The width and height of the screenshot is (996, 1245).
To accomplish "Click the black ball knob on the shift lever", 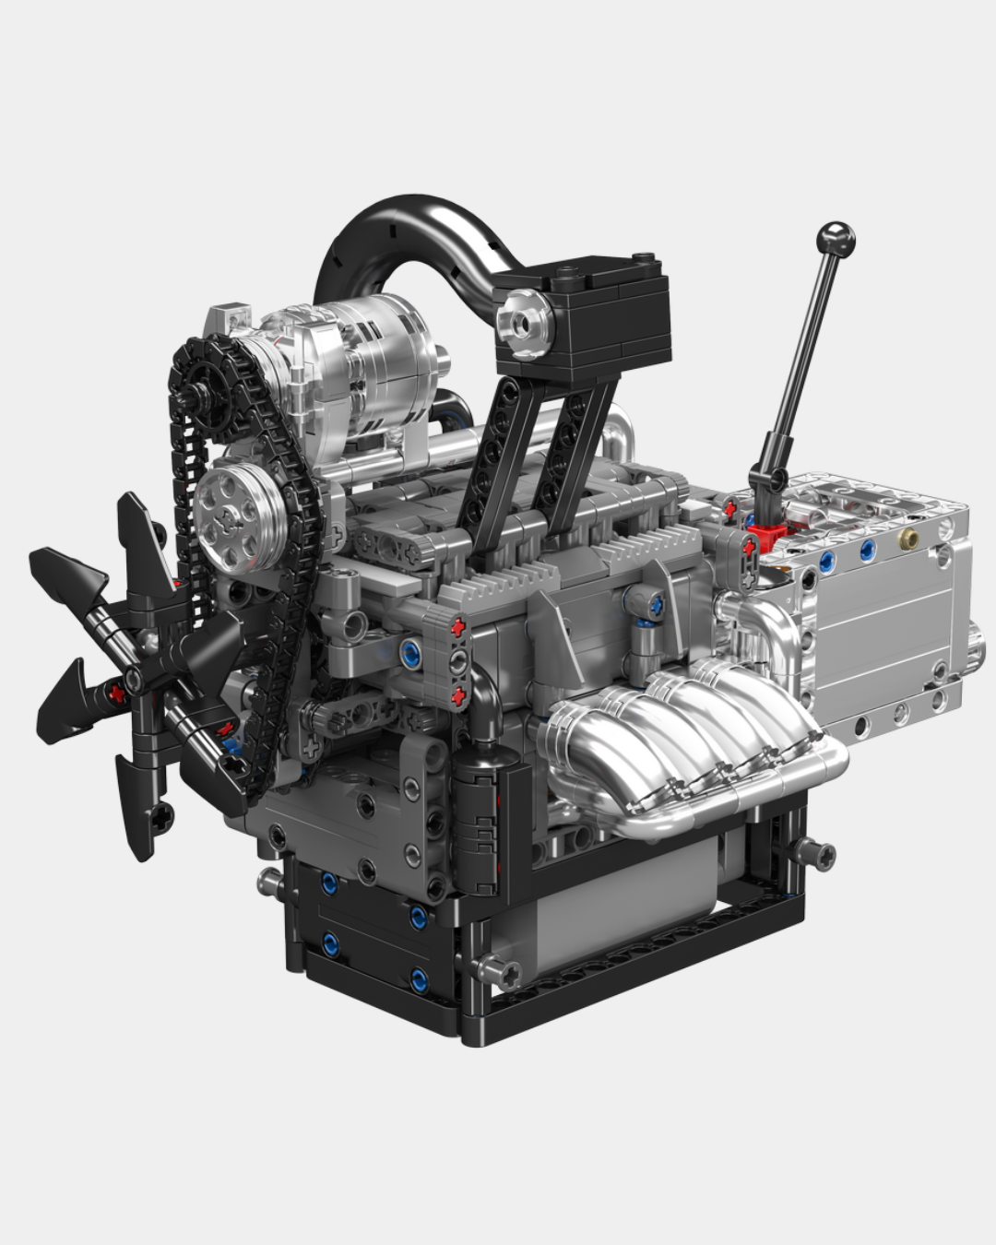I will pyautogui.click(x=838, y=239).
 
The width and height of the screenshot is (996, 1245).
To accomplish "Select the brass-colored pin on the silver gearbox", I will pyautogui.click(x=909, y=538).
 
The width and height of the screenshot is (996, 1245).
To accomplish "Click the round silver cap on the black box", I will pyautogui.click(x=525, y=322).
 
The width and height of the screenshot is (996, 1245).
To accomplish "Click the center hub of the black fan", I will pyautogui.click(x=135, y=681).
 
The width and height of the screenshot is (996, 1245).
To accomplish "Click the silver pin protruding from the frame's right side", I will pyautogui.click(x=816, y=853).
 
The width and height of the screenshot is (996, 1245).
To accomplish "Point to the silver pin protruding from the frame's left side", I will pyautogui.click(x=269, y=883).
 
